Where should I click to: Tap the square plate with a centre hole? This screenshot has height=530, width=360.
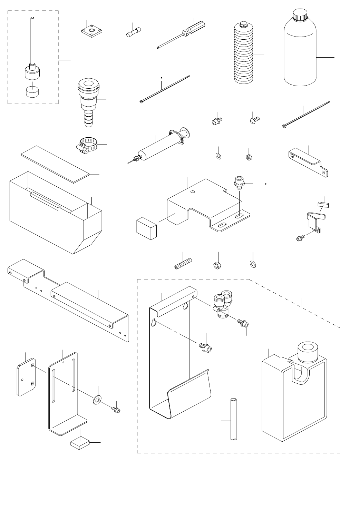[91, 31]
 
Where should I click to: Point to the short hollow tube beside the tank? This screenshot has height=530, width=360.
[234, 419]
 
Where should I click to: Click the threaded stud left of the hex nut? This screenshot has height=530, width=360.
[183, 264]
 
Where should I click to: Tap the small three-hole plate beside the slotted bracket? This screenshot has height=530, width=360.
[26, 378]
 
